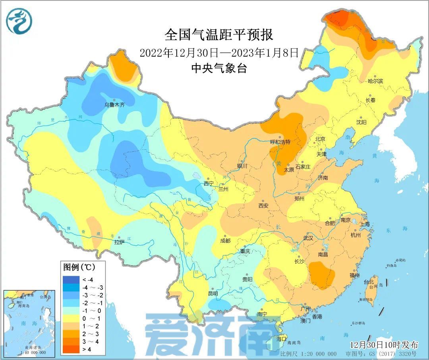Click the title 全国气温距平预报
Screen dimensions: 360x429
tap(219, 35)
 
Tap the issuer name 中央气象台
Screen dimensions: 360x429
tap(219, 68)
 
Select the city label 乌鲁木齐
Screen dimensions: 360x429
tap(114, 105)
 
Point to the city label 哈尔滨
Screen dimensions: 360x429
tap(375, 81)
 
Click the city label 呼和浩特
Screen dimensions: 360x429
tap(280, 142)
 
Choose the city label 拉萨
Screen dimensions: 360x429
tap(119, 242)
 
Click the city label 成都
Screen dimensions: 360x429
tap(225, 241)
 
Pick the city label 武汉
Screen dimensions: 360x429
tap(308, 238)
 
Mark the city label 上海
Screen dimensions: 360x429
tap(365, 224)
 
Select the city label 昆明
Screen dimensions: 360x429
tap(213, 294)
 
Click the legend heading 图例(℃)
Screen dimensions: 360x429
tap(79, 267)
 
